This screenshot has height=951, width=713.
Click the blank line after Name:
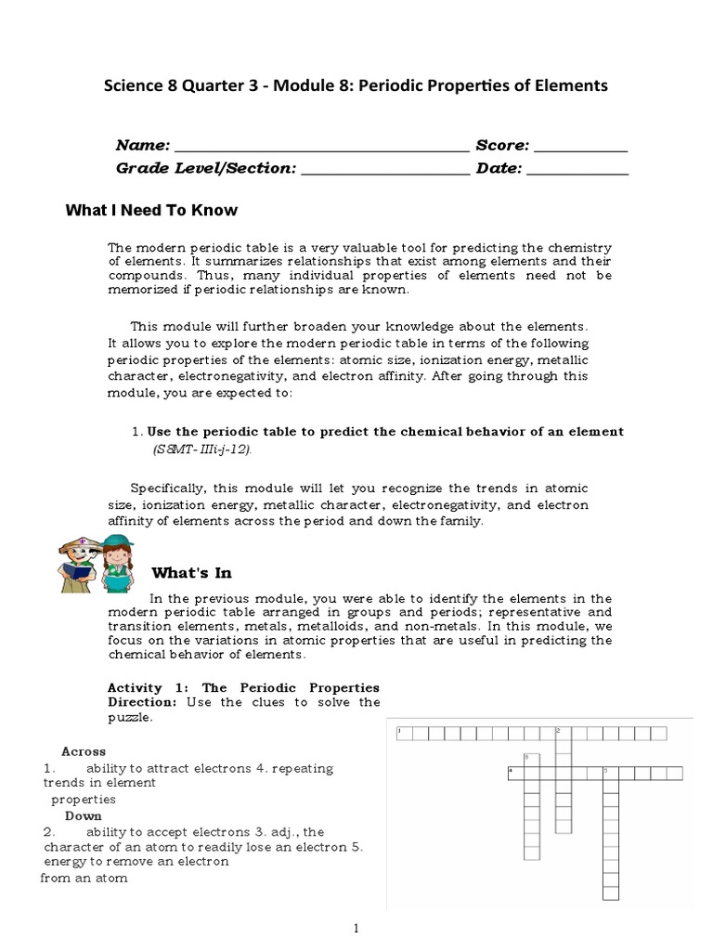coord(321,147)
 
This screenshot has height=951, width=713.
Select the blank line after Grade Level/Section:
coord(386,170)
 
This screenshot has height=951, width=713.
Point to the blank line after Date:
coord(577,170)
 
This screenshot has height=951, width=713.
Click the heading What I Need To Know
coord(151,211)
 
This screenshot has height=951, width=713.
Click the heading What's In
coord(191,573)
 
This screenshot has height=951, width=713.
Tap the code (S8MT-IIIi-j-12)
coord(202,449)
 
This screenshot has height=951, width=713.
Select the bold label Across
coord(84,751)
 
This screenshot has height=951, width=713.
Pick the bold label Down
coord(83,815)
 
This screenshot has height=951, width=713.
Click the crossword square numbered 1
coord(403,734)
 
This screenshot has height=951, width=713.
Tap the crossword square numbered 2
coord(563,734)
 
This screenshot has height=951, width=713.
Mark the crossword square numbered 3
coord(531,758)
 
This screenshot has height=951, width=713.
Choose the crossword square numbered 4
coord(515,773)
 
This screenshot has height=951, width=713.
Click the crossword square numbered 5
coord(610,773)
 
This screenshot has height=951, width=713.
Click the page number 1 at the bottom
coord(356,928)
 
